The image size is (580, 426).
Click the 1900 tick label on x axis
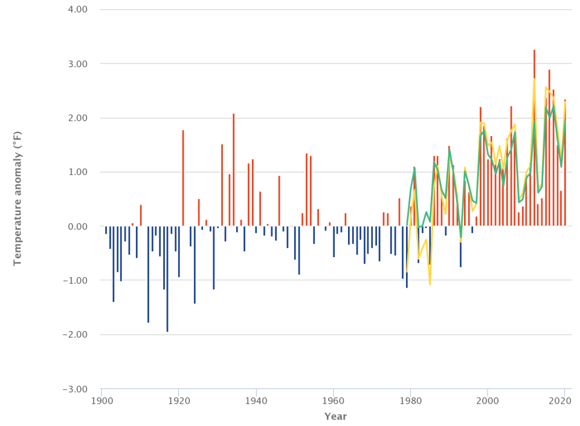tap(101, 401)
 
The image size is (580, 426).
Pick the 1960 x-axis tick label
tap(333, 401)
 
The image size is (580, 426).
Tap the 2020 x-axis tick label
tap(564, 401)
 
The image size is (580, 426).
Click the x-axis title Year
tap(335, 416)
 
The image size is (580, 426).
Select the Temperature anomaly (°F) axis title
tap(18, 200)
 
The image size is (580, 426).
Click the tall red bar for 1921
tap(183, 179)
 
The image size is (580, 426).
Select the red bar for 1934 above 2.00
tap(233, 170)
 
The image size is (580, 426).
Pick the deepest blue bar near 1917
tap(167, 278)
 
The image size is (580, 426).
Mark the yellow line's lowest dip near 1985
tap(430, 284)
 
